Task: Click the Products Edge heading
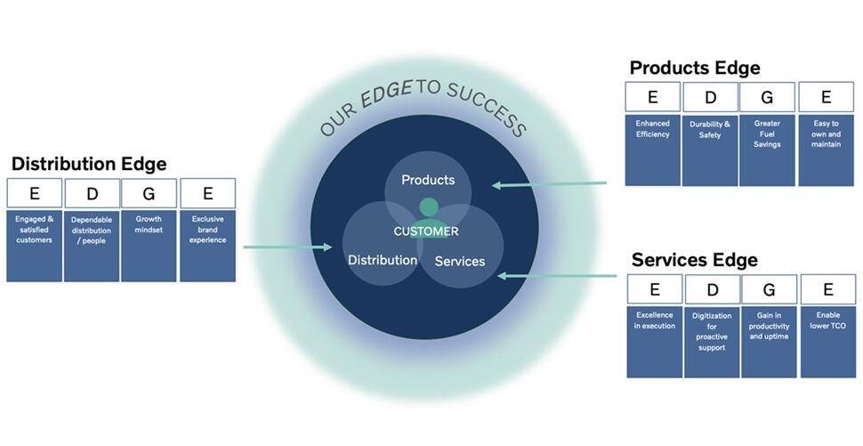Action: (x=695, y=69)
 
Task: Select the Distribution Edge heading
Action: (x=89, y=164)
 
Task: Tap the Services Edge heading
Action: (x=694, y=260)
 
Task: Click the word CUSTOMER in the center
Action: (x=426, y=231)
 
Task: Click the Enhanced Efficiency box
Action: (x=652, y=150)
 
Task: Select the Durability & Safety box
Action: (x=710, y=150)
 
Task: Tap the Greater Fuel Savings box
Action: (x=767, y=150)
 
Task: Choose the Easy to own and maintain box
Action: (x=826, y=150)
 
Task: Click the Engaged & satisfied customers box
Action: (x=34, y=246)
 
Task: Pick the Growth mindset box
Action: (x=149, y=246)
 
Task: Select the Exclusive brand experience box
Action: (x=207, y=246)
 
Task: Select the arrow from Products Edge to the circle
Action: (x=549, y=184)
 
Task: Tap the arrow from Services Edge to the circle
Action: (x=556, y=276)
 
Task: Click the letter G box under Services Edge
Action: (x=769, y=289)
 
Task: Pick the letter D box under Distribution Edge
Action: (x=91, y=193)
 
